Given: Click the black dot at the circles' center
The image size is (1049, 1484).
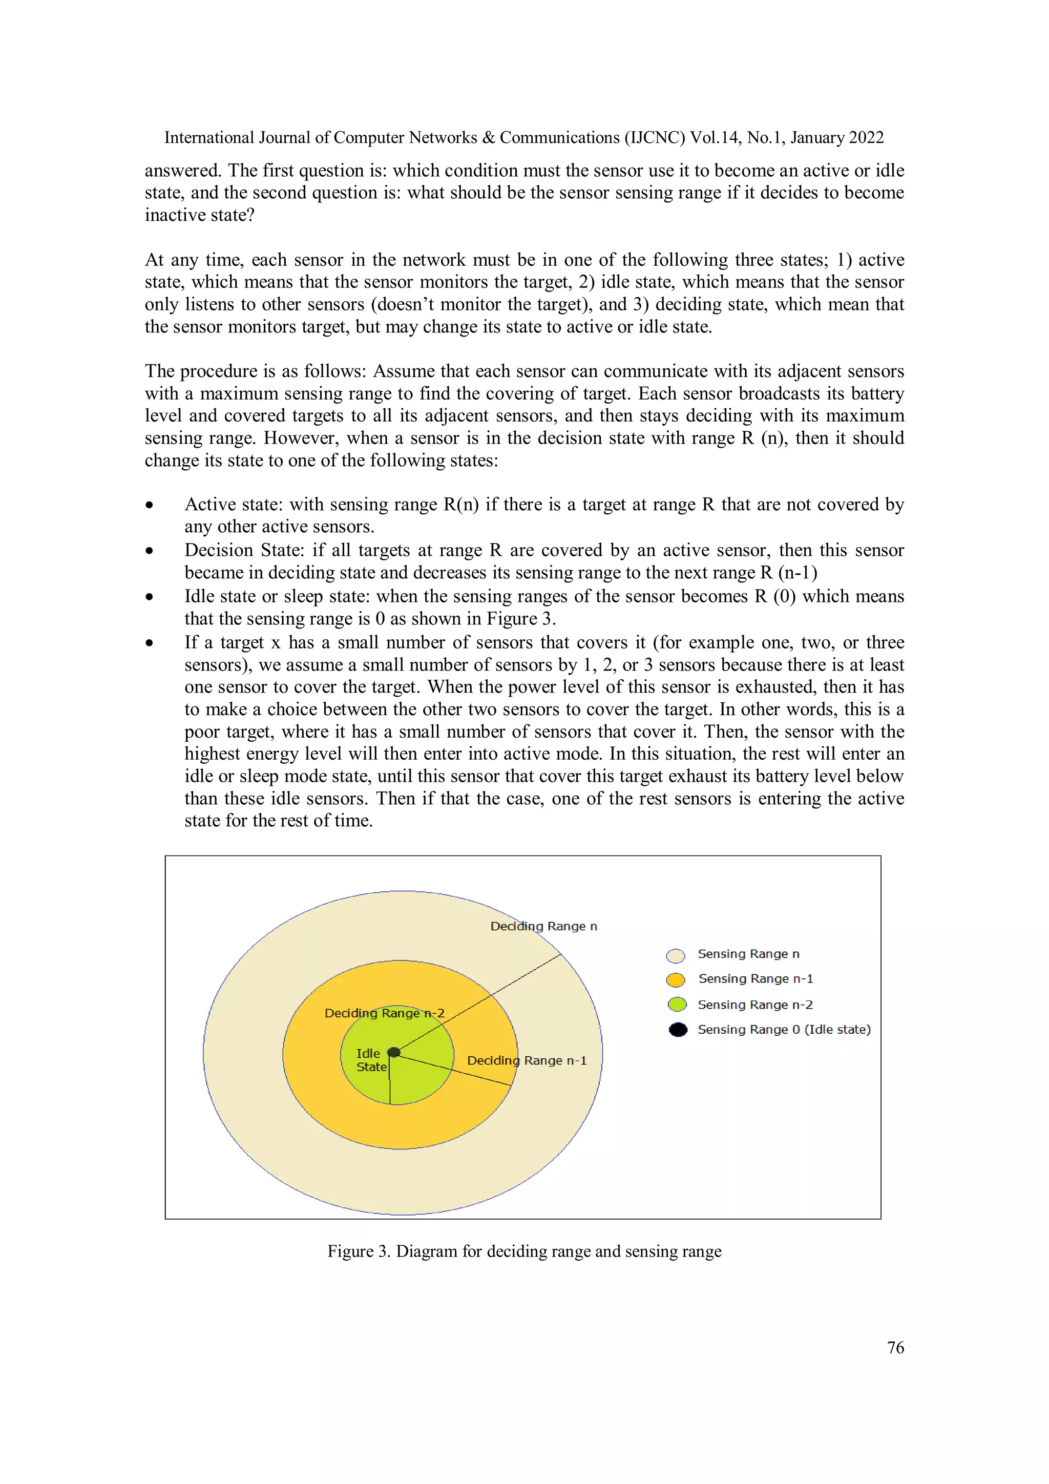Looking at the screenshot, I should coord(393,1052).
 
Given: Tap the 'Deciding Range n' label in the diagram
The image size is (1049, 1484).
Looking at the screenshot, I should coord(543,926).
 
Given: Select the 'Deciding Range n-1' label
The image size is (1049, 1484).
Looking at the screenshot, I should coord(527,1061).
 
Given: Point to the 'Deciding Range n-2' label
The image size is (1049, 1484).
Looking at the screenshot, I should coord(384,1013).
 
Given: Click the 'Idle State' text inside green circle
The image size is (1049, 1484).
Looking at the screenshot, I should coord(370,1060).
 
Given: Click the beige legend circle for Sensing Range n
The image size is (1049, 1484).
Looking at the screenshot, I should coord(676,955).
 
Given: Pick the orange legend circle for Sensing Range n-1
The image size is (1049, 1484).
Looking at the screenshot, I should coord(676,980).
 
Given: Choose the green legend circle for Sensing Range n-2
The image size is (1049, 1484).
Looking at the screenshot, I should coord(677,1005).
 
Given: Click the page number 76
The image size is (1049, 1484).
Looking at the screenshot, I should coord(895,1348).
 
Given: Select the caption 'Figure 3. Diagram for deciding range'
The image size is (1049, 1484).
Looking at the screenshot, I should coord(524,1251).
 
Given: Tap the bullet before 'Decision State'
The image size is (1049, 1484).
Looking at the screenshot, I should coord(149,551).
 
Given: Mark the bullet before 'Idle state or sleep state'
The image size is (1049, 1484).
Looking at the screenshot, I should coord(149,597).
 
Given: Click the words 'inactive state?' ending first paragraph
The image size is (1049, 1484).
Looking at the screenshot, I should coord(199,215).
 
